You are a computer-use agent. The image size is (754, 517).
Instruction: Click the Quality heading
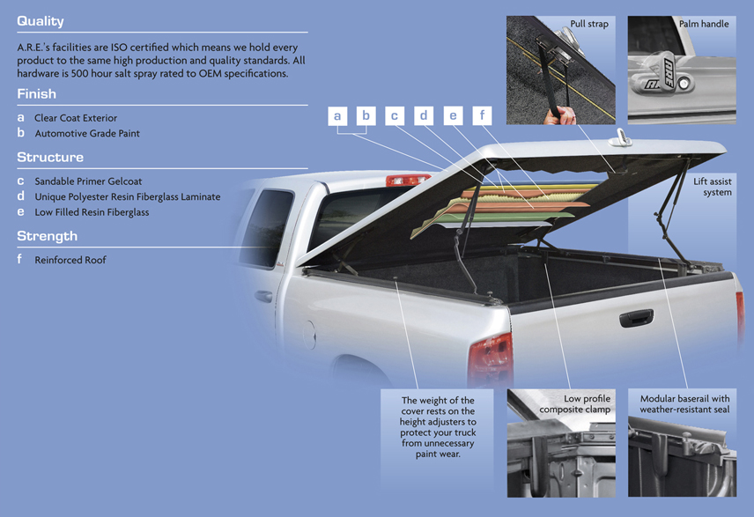(41, 21)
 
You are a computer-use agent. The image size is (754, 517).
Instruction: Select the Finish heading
(36, 93)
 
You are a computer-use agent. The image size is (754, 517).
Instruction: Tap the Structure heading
(50, 158)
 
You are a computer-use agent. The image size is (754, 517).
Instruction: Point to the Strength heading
(48, 236)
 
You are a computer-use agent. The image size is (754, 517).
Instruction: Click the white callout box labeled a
(337, 116)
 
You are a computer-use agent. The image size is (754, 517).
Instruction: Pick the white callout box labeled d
(424, 116)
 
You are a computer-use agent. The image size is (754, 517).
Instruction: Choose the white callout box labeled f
(482, 116)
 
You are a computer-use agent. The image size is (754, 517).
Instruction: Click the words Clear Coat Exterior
(76, 118)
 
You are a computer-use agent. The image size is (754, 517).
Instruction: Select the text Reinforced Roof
(70, 260)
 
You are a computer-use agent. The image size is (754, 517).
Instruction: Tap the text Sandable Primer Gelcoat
(88, 181)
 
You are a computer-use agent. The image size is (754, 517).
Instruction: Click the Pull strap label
(589, 24)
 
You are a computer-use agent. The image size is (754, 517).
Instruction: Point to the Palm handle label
(704, 24)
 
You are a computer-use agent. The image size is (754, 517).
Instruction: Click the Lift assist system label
(713, 187)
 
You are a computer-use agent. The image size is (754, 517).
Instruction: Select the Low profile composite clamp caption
(575, 404)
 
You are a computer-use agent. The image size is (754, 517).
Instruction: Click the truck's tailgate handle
(636, 318)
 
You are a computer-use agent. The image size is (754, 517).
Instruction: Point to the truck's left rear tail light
(490, 358)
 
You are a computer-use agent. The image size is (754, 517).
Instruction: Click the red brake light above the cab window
(407, 180)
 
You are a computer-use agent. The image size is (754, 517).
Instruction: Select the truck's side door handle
(263, 296)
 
